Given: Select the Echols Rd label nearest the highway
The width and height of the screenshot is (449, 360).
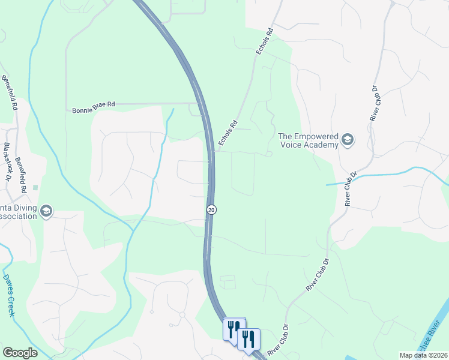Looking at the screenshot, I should tap(226, 131).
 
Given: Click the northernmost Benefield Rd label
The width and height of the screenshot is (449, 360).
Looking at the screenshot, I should tap(10, 93).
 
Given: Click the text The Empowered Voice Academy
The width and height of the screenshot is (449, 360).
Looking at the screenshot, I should tap(309, 140).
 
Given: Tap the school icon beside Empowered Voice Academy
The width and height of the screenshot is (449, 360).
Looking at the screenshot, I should tap(348, 140).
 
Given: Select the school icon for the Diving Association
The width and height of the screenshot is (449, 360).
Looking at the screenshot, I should tap(46, 211).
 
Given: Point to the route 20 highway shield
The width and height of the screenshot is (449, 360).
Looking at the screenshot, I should tap(211, 209).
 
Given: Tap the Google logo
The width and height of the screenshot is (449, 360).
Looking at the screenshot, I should tap(20, 353).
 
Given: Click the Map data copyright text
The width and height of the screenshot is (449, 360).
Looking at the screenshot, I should tap(423, 355).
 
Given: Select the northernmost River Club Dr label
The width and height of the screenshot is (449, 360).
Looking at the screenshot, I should tap(374, 103).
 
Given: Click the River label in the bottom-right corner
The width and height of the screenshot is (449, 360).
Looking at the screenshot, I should tap(436, 346).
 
